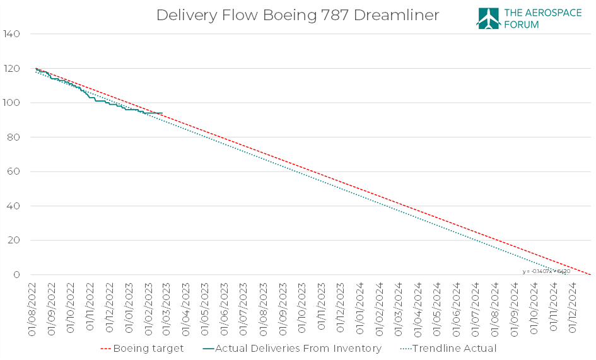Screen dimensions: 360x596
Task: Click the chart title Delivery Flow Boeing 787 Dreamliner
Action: coord(298,15)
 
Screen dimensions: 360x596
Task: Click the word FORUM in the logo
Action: coord(522,25)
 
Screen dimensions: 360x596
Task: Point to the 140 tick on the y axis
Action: coord(13,34)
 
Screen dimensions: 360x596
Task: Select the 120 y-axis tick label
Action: coord(13,68)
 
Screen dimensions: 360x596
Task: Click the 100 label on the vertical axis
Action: coord(13,103)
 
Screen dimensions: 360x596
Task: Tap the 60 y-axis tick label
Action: coord(15,171)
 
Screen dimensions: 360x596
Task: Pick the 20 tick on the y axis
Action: coord(15,240)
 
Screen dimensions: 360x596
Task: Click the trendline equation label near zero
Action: coord(546,271)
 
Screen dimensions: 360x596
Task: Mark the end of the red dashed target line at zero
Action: coord(590,274)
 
